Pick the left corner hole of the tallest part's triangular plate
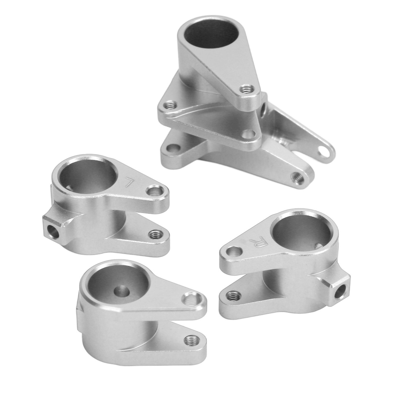click(x=169, y=106)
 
